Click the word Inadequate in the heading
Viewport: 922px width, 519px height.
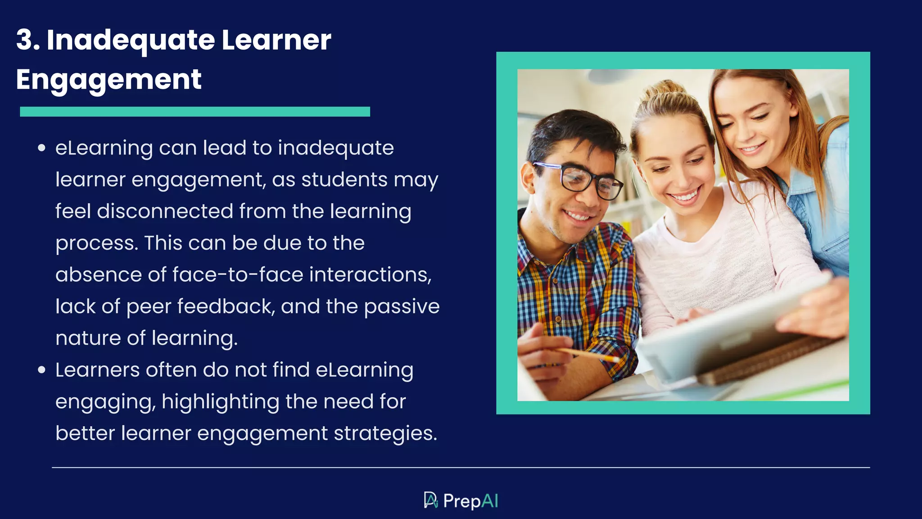coord(131,40)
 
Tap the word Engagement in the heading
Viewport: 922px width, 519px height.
coord(108,80)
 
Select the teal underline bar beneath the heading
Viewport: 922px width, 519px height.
coord(194,112)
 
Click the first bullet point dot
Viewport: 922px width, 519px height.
coord(42,148)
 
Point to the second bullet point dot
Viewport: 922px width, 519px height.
coord(42,370)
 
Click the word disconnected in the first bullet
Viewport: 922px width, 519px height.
coord(165,211)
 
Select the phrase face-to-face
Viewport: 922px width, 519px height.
coord(238,275)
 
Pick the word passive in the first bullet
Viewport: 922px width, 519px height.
coord(402,307)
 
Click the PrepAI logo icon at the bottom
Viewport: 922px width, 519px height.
coord(431,501)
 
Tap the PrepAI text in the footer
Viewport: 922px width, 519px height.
coord(470,501)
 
